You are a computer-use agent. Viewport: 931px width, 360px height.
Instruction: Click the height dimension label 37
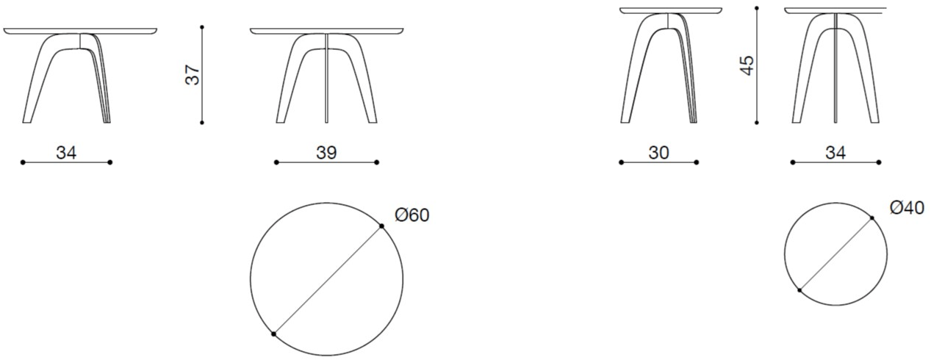tap(192, 76)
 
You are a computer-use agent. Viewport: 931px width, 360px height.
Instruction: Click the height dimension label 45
tap(747, 64)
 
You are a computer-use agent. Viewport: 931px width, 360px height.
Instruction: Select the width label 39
tap(326, 153)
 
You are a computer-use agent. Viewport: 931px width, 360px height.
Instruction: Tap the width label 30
tap(658, 153)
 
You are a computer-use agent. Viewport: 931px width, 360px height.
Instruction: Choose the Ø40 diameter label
tap(906, 208)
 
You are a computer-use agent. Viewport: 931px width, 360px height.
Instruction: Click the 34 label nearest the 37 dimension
tap(66, 153)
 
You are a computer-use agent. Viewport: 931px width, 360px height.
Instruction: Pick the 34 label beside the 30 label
tap(835, 153)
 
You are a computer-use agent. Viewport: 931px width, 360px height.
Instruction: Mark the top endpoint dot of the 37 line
tap(201, 27)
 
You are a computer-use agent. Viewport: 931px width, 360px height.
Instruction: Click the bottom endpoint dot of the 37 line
tap(201, 124)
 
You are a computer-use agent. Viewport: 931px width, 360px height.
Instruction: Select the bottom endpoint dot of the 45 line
tap(756, 124)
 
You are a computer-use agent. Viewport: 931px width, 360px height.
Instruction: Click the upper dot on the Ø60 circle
tap(382, 226)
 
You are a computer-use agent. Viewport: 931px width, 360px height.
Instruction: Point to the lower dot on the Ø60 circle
tap(273, 334)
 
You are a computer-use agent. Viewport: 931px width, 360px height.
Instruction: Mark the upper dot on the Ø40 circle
tap(872, 217)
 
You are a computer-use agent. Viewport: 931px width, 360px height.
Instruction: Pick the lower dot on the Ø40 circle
tap(799, 291)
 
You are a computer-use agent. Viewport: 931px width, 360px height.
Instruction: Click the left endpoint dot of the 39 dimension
tap(276, 162)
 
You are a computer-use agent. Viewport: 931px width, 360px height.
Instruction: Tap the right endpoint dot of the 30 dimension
tap(696, 162)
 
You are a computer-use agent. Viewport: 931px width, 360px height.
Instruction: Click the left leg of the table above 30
tap(636, 73)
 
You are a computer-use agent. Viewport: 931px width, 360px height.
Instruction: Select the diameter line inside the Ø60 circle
tap(328, 280)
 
